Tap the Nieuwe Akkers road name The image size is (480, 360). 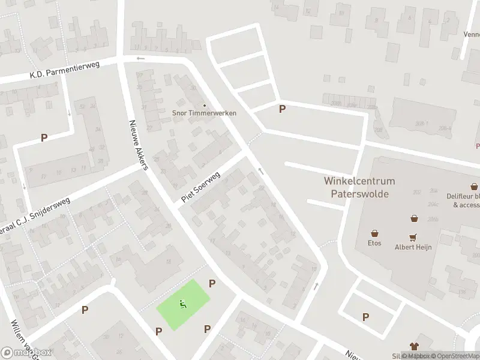coord(138,145)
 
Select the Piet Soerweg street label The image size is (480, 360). coord(200,187)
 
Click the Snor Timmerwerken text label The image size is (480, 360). coord(204,113)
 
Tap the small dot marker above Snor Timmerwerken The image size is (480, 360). coord(204,104)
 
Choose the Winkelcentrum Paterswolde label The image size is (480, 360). coord(359,187)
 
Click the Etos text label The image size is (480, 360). coord(374,243)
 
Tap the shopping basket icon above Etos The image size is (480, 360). coord(374,233)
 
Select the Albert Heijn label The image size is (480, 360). coord(413,247)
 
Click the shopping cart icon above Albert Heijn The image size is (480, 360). coord(413,237)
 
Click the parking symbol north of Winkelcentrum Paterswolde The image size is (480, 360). coord(282,109)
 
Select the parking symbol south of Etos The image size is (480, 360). coord(365,317)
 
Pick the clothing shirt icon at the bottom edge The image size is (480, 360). coord(413,346)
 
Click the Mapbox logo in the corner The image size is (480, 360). coord(26,352)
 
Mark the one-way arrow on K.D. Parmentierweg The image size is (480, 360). coord(140,59)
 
